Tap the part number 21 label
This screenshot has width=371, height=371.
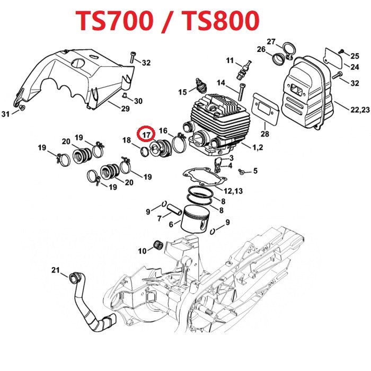click(56, 271)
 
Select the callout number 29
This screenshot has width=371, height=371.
click(125, 109)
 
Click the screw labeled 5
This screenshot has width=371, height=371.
click(242, 172)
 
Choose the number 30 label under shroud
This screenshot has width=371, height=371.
click(138, 101)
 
